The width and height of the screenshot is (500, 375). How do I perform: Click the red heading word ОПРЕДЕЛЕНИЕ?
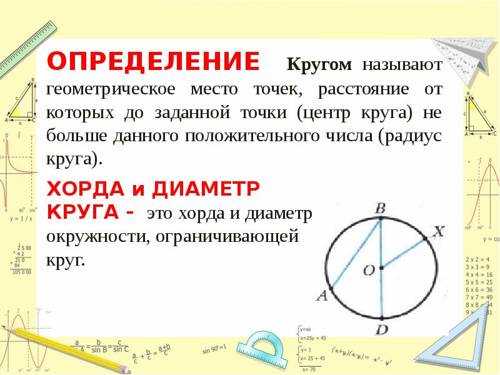(153, 62)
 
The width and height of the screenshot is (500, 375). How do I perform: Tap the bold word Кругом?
(319, 64)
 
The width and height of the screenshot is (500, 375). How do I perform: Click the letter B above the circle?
(380, 207)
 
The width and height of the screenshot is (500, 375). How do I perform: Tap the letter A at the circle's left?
(322, 296)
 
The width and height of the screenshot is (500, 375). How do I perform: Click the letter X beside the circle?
(439, 232)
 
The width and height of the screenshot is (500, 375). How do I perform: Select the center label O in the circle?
(369, 269)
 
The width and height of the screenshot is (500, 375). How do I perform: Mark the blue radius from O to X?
(403, 252)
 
